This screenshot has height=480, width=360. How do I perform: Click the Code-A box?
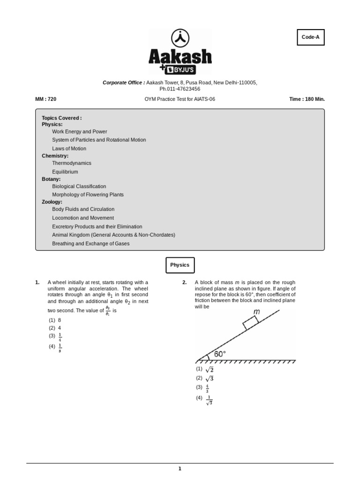(x=310, y=37)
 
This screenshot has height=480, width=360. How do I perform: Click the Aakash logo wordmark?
(x=180, y=56)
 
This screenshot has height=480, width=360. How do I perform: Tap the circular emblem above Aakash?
(x=180, y=37)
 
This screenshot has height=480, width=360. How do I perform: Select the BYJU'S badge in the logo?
(x=180, y=69)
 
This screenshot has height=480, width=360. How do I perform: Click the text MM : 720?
(x=45, y=99)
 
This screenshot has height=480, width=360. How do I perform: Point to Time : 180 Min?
(x=307, y=99)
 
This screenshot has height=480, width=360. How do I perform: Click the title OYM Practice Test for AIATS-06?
(x=180, y=99)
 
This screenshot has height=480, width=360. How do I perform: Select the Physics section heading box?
(x=180, y=265)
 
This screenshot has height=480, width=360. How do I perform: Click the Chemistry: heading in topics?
(x=55, y=156)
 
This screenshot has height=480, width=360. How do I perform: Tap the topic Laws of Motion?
(x=69, y=149)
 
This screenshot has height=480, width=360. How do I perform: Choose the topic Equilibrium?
(x=65, y=172)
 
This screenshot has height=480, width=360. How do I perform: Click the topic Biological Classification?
(x=79, y=186)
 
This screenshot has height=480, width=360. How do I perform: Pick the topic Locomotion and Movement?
(x=82, y=218)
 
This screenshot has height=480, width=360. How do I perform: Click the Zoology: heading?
(x=52, y=202)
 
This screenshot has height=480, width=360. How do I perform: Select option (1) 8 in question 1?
(x=55, y=320)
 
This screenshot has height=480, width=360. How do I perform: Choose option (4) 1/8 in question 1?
(x=55, y=347)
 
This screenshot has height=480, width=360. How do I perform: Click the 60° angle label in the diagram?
(x=220, y=354)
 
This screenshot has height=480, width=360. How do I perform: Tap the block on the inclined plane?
(x=250, y=322)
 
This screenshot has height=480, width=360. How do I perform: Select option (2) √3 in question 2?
(x=205, y=378)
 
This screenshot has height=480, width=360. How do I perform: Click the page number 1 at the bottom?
(x=180, y=468)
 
